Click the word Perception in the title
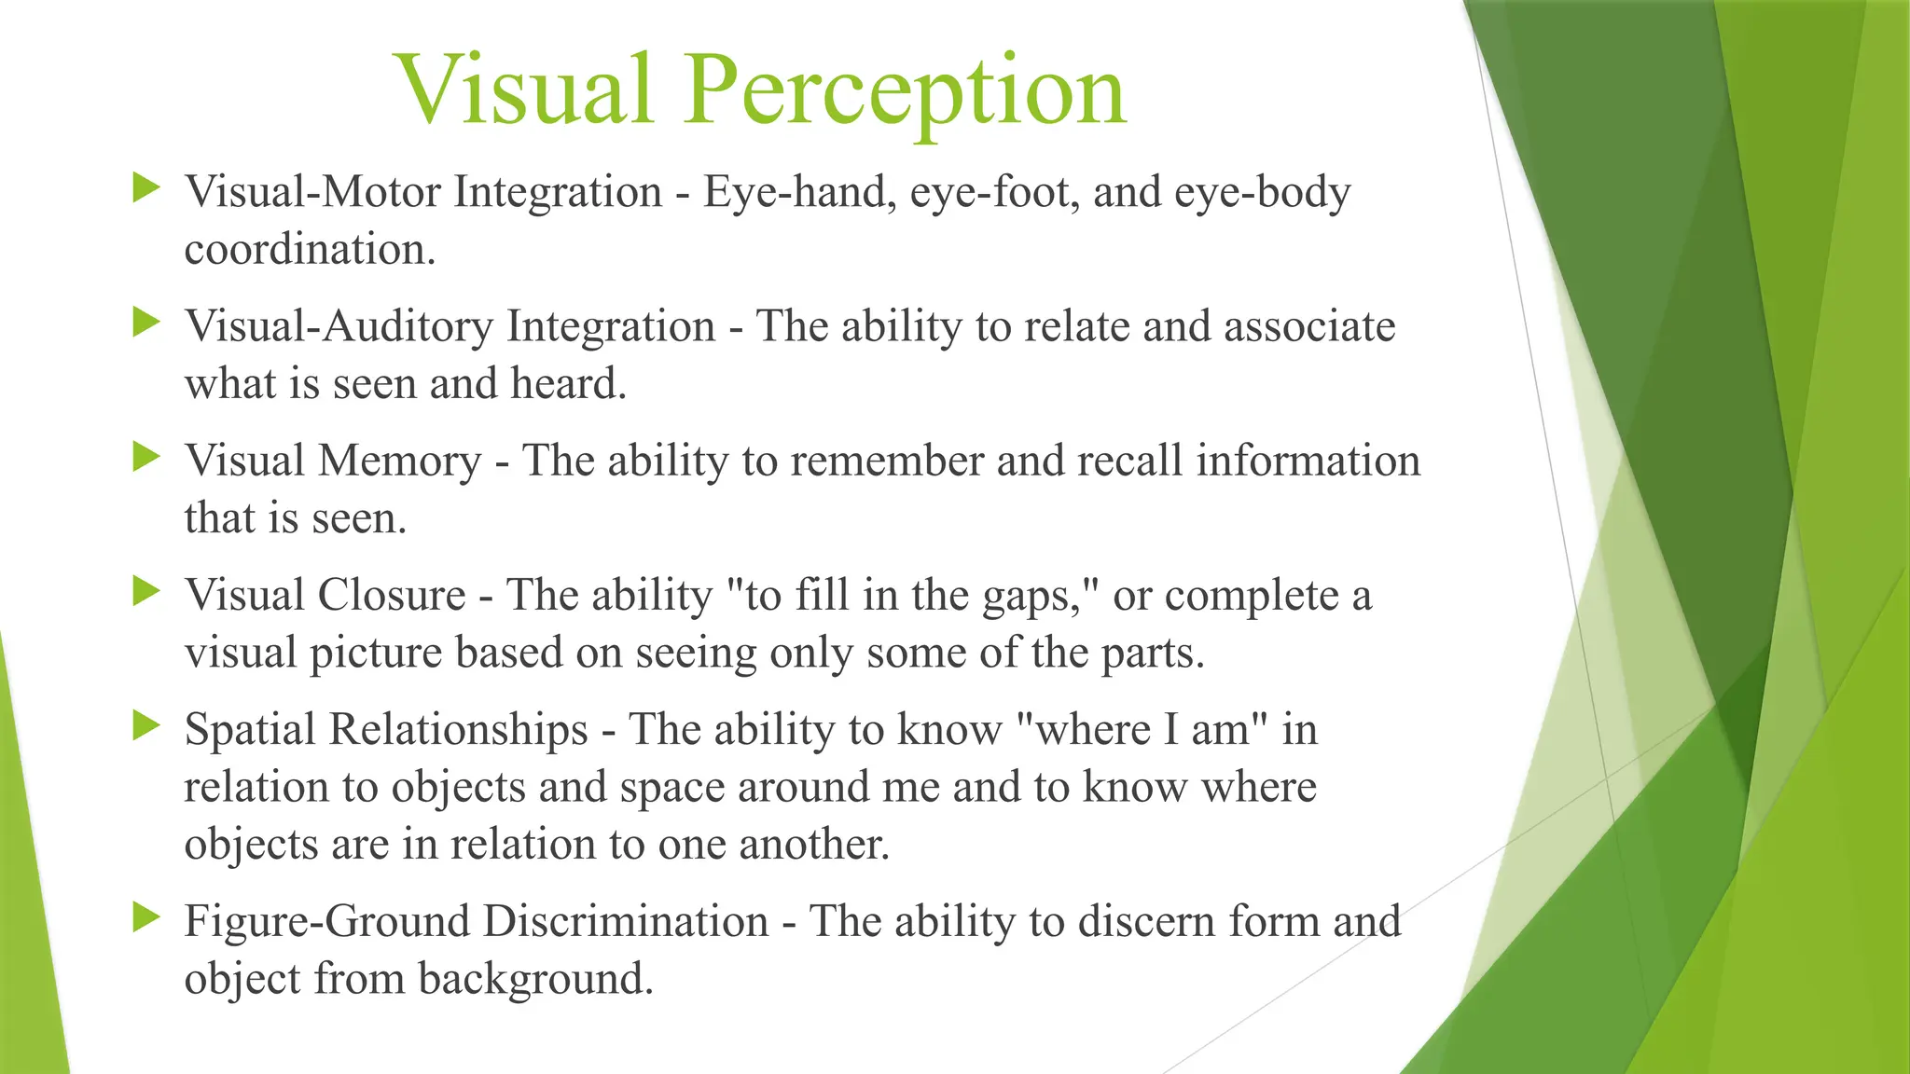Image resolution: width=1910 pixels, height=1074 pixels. [x=905, y=91]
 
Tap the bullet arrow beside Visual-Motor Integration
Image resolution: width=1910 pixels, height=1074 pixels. [x=146, y=188]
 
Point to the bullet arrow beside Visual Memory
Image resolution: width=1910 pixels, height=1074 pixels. [x=146, y=457]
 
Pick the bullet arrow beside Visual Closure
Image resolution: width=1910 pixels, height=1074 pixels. [x=146, y=591]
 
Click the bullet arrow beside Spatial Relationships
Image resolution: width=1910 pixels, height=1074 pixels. [x=146, y=725]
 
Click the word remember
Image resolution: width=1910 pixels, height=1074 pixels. [x=886, y=461]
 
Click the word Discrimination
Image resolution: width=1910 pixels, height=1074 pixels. [x=625, y=921]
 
